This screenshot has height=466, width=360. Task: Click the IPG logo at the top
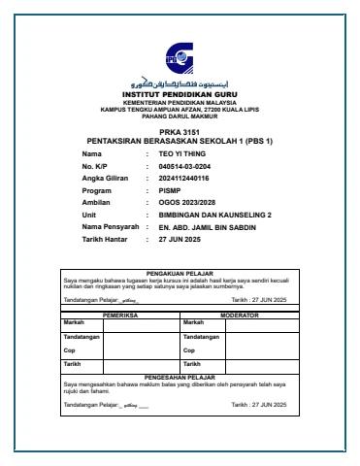tap(179, 55)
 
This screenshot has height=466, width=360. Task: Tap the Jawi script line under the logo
tap(179, 84)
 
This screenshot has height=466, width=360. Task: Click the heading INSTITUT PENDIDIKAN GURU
tap(179, 94)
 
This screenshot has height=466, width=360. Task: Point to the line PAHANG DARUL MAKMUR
tap(179, 116)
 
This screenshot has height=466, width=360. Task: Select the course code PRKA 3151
tap(179, 132)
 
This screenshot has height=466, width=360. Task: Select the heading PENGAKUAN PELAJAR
tap(179, 275)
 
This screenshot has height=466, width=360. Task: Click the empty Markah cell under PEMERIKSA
tap(138, 323)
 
